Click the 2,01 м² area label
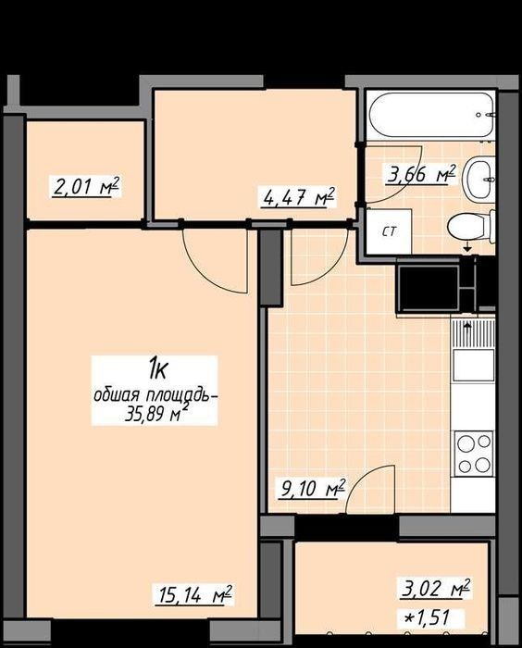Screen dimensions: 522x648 [x=86, y=187]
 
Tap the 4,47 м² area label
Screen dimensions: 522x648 [x=299, y=196]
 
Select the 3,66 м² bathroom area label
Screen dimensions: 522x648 [x=421, y=174]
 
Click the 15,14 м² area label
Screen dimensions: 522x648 [x=193, y=595]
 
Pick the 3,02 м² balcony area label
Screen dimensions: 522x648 [x=436, y=588]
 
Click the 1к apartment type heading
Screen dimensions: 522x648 [x=157, y=369]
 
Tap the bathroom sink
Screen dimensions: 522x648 [x=479, y=180]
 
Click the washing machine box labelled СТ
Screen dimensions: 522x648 [x=389, y=231]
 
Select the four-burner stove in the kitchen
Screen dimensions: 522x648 [x=474, y=454]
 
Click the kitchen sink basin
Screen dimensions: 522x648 [x=474, y=365]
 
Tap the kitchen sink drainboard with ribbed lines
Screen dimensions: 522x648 [x=473, y=334]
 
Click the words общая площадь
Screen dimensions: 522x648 [x=155, y=396]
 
